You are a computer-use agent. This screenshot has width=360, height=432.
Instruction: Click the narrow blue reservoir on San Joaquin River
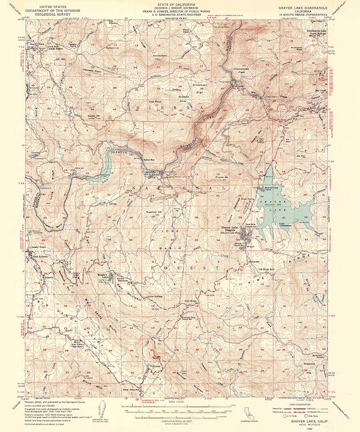[x=106, y=165]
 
